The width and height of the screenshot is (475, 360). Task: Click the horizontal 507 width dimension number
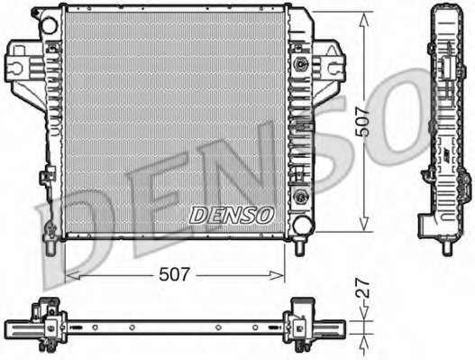click(174, 274)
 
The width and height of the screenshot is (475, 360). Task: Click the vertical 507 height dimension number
click(362, 122)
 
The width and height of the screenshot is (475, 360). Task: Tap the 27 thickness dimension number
click(363, 289)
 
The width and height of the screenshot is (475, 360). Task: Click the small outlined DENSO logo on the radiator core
click(232, 216)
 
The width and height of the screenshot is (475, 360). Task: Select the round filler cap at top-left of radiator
click(49, 25)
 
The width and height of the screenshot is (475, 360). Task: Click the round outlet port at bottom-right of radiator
click(303, 225)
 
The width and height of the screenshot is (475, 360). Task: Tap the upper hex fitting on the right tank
click(300, 64)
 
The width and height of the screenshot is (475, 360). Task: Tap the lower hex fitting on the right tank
click(300, 196)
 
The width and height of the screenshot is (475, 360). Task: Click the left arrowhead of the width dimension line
click(73, 276)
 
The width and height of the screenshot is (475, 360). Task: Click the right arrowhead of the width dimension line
click(277, 276)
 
